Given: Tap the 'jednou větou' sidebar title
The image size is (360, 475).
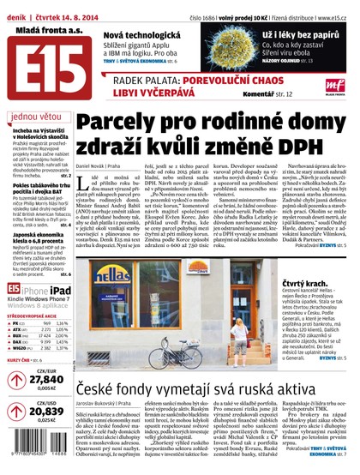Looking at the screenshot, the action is pyautogui.click(x=33, y=117).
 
